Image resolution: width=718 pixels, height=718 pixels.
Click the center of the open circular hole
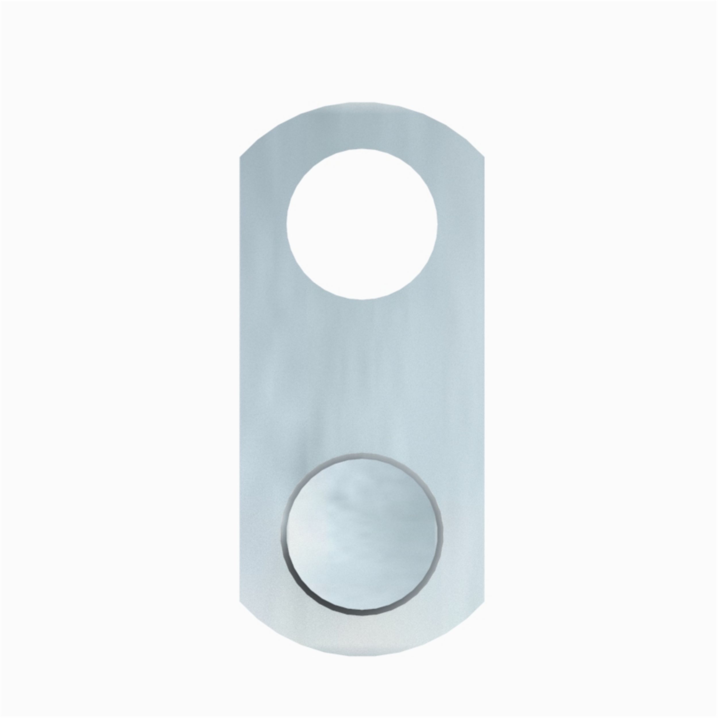[362, 224]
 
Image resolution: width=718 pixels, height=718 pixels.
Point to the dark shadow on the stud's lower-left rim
[297, 580]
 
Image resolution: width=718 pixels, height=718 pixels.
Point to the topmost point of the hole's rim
[362, 149]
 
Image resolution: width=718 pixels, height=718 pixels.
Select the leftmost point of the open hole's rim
[287, 224]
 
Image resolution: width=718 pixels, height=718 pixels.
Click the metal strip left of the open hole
[263, 224]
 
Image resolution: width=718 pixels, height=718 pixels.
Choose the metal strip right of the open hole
[461, 224]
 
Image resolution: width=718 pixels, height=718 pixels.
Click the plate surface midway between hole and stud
[362, 376]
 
